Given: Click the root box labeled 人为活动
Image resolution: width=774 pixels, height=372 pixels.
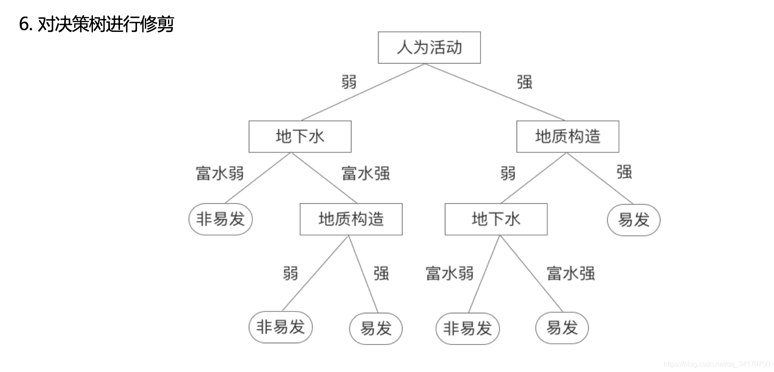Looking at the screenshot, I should [x=429, y=48].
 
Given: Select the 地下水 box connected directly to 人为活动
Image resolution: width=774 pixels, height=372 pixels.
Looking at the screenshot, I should [x=300, y=137].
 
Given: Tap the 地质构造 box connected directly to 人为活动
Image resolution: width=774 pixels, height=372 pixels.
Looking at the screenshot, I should [x=567, y=137].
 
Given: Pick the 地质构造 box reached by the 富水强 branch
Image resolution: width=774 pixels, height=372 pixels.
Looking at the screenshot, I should [x=351, y=219].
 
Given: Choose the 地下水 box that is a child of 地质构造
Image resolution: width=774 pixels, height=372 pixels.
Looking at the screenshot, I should [x=496, y=219].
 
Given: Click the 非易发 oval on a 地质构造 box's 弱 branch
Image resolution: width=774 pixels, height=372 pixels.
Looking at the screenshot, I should [x=281, y=327].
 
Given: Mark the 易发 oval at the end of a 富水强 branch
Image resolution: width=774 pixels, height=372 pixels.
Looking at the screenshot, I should [x=562, y=327].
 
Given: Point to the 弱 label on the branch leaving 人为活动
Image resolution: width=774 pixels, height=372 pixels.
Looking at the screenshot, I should [x=349, y=82].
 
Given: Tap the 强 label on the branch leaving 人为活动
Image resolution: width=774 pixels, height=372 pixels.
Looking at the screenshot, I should [x=524, y=82].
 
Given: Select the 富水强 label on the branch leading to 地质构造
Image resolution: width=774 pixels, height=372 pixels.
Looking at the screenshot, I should [x=366, y=173].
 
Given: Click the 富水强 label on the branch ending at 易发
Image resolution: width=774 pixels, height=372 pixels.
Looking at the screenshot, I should [x=571, y=274].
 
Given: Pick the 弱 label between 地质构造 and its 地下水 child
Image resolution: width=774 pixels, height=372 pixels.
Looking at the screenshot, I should [x=508, y=173].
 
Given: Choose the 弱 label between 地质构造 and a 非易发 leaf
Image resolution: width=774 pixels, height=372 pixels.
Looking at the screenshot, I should [x=291, y=274].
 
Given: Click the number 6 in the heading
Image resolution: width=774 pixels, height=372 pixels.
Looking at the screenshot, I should [x=24, y=24].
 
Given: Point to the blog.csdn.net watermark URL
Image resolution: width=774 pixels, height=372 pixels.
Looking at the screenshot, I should [x=716, y=364].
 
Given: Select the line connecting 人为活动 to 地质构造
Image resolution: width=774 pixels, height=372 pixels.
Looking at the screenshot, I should [x=495, y=92].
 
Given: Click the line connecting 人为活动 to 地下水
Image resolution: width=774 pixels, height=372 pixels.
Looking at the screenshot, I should [x=363, y=92].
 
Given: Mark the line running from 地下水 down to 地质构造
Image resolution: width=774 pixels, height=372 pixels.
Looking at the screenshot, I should [x=324, y=178].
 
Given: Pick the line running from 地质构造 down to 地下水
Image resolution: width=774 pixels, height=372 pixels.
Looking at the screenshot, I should [x=533, y=178].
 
